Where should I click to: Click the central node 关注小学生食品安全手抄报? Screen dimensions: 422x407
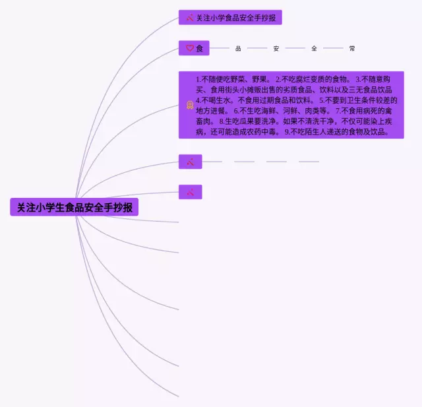pos(75,207)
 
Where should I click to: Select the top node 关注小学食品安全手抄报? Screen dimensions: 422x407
pos(230,17)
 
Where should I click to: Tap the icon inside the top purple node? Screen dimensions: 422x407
pos(190,18)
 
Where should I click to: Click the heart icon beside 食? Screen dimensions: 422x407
pos(189,48)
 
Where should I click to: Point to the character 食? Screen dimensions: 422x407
pos(200,48)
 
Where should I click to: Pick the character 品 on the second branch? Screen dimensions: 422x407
pos(238,48)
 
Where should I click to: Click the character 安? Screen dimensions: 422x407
pos(276,48)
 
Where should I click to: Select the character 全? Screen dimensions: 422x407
pos(315,48)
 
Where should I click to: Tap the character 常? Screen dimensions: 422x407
pos(352,48)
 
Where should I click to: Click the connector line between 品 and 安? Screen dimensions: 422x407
pos(257,48)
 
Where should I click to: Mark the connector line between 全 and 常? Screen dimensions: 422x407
pos(333,48)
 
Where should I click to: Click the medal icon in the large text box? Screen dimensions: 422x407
pos(189,105)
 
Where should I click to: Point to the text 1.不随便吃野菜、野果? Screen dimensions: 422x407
pos(233,79)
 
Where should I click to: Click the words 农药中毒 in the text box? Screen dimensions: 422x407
pos(266,132)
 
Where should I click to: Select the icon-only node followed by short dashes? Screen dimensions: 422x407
pos(190,161)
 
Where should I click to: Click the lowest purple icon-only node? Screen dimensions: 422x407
pos(190,192)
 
